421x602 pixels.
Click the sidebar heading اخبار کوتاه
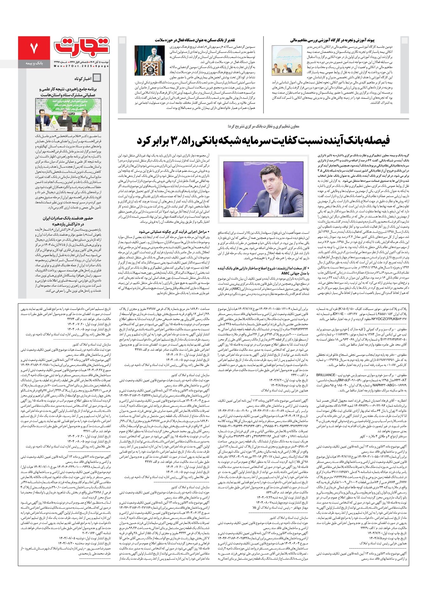click(x=82, y=78)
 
